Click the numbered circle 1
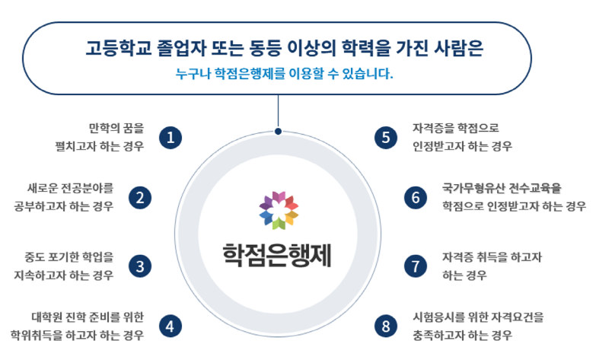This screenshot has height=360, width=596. tap(171, 138)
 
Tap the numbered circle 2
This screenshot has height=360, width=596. tap(140, 198)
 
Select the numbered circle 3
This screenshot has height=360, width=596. tap(140, 266)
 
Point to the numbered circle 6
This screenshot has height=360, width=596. tap(416, 198)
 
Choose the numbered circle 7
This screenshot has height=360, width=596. tap(416, 266)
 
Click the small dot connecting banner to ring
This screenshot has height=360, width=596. tap(279, 132)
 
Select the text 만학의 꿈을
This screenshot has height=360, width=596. tap(116, 128)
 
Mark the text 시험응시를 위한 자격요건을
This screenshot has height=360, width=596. tap(478, 317)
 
